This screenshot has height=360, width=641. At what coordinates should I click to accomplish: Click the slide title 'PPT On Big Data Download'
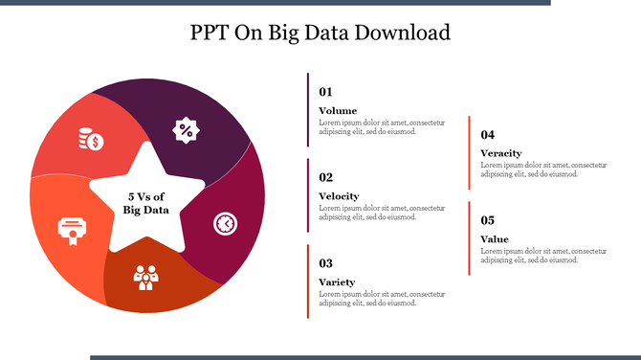(x=320, y=33)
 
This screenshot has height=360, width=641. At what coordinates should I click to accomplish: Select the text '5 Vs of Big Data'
(x=145, y=203)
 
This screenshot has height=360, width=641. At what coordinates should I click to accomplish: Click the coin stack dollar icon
(x=91, y=139)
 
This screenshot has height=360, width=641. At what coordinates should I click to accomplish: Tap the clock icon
(x=225, y=223)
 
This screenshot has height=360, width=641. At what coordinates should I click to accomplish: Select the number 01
(x=325, y=92)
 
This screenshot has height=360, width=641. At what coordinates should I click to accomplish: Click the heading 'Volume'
(x=338, y=111)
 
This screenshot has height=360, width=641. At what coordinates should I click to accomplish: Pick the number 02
(x=325, y=177)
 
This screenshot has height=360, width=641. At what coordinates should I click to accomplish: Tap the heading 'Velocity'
(x=339, y=196)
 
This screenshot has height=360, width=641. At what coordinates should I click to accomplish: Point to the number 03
(x=325, y=263)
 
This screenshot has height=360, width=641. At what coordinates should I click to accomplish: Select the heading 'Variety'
(x=337, y=282)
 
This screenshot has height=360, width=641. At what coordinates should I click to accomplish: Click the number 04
(x=487, y=135)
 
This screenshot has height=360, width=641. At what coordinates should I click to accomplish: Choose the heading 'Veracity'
(x=500, y=153)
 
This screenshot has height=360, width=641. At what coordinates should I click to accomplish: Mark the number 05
(x=487, y=220)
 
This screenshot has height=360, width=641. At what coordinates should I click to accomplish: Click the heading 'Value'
(x=495, y=239)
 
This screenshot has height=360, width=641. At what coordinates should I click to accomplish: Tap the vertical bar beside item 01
(x=308, y=109)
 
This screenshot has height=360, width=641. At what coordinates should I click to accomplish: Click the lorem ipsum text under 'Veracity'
(x=542, y=169)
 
